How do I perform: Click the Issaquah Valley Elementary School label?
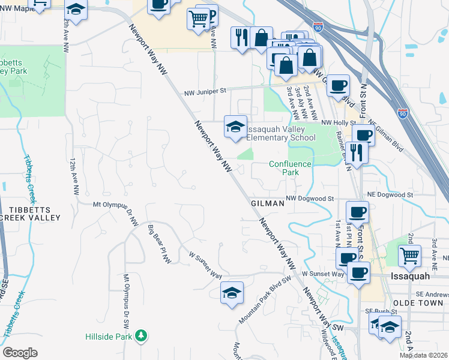(x=281, y=133)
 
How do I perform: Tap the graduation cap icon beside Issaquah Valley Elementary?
(x=235, y=126)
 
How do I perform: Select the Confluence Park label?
(x=291, y=167)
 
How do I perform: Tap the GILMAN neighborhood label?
(x=267, y=203)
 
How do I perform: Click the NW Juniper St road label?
(x=205, y=91)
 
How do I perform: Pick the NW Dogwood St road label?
(x=309, y=198)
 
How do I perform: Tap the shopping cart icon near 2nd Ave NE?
(x=409, y=255)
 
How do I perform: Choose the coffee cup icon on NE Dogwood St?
(x=358, y=212)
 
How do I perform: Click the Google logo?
(x=20, y=353)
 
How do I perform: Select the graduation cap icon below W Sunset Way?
(x=232, y=293)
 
